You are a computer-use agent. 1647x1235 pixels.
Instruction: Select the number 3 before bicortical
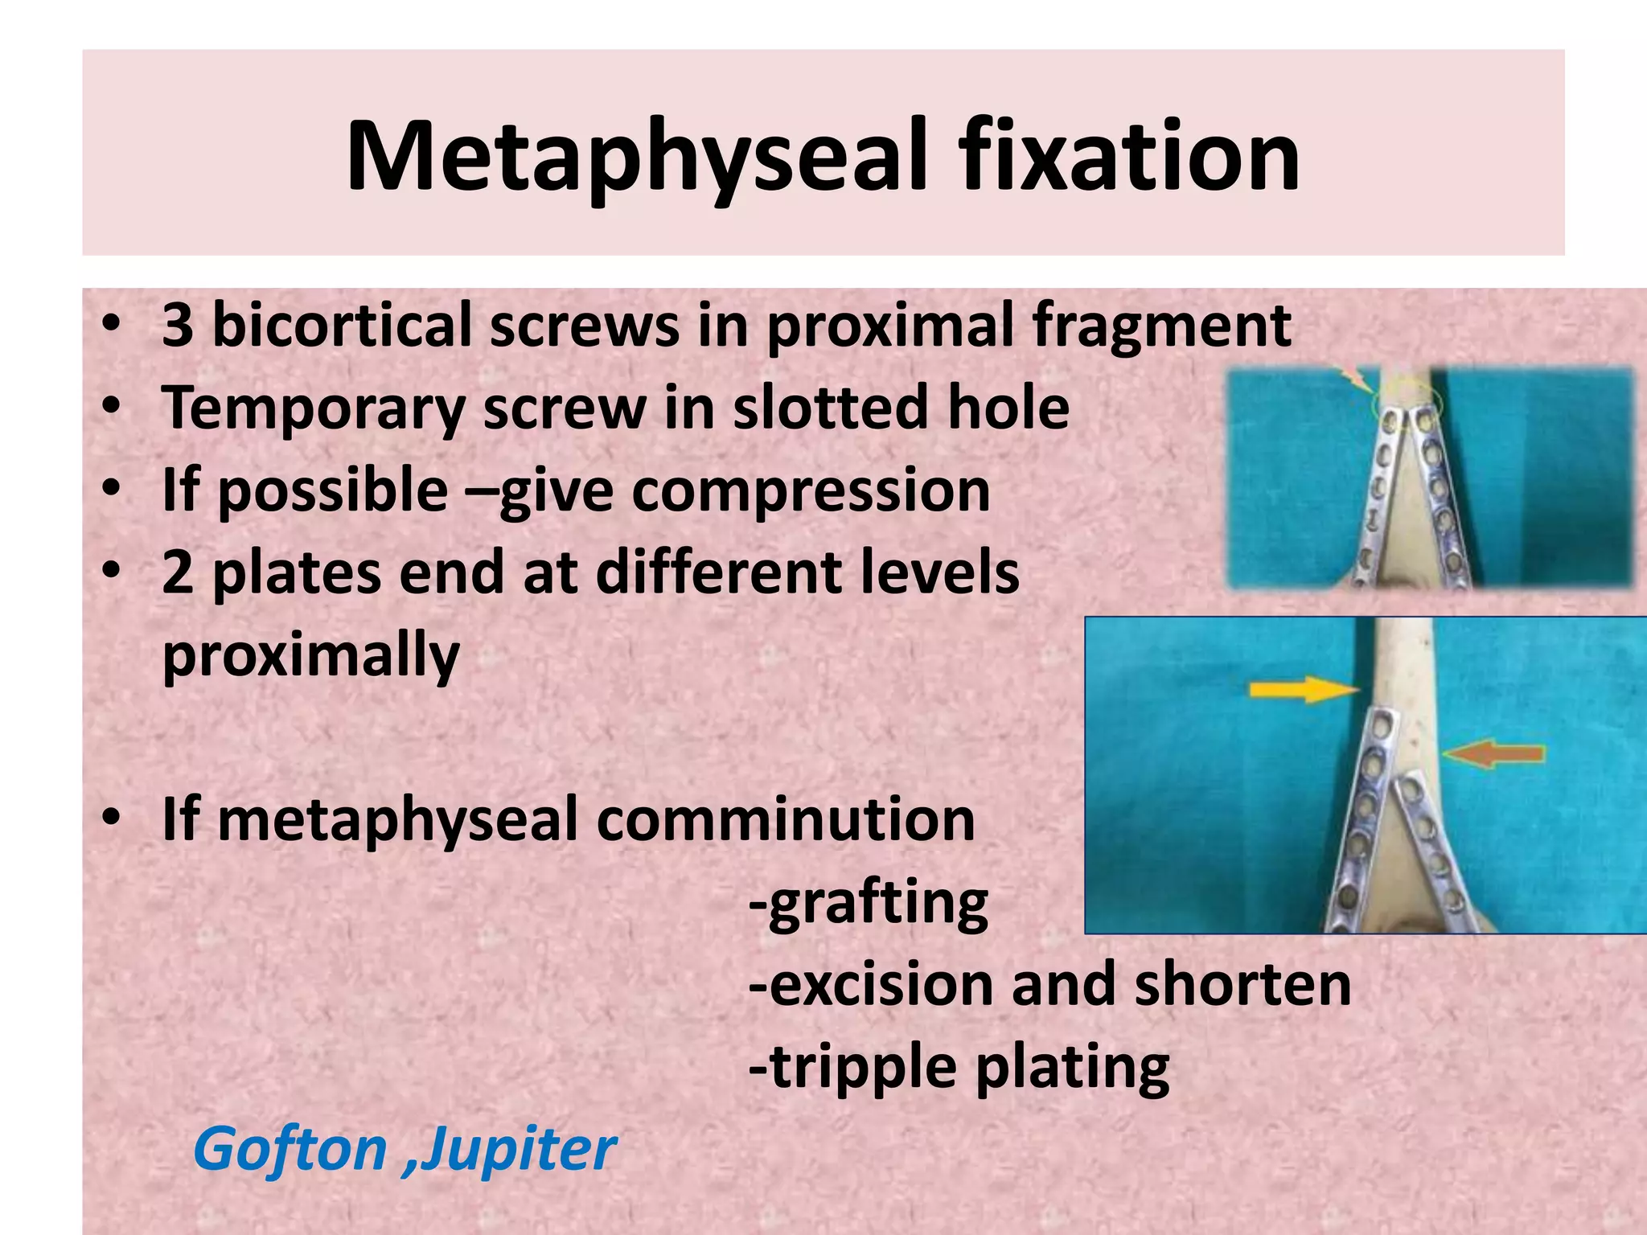[177, 325]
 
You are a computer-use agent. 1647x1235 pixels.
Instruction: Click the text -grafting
[868, 904]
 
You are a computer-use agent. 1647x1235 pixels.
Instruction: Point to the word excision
[873, 985]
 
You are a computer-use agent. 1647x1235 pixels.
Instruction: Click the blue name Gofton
[290, 1150]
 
